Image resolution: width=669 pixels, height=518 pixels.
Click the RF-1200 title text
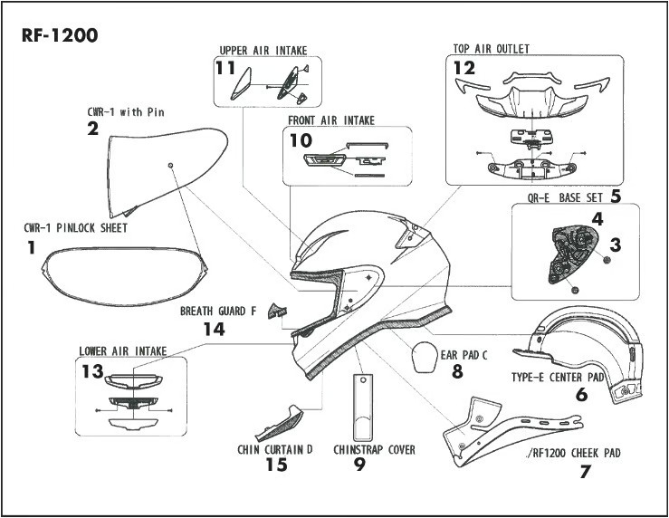pyautogui.click(x=58, y=36)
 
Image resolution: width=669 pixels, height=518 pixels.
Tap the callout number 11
pyautogui.click(x=225, y=67)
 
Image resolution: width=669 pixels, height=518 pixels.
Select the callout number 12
pyautogui.click(x=464, y=67)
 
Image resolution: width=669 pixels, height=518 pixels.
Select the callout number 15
pyautogui.click(x=276, y=465)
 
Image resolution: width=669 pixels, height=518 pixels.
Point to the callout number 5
pyautogui.click(x=615, y=195)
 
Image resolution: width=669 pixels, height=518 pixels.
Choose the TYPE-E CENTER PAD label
pyautogui.click(x=557, y=376)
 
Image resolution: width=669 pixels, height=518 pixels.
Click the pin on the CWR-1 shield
pyautogui.click(x=170, y=165)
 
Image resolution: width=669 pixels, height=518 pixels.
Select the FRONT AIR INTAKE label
pyautogui.click(x=331, y=120)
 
